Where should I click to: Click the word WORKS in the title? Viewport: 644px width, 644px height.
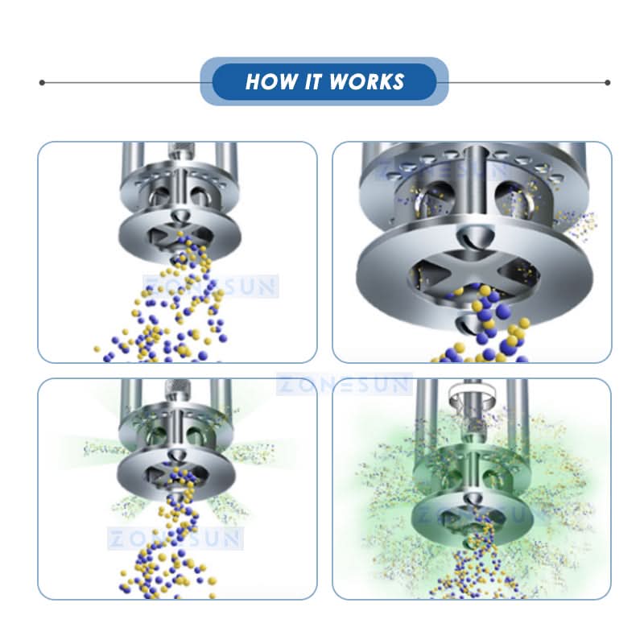[367, 81]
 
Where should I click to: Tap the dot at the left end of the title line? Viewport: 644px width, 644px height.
[42, 83]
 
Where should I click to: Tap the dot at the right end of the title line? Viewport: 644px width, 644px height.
[608, 83]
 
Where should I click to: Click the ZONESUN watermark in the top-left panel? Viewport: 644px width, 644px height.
[211, 287]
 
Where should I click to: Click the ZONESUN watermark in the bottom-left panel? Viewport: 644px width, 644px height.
[175, 538]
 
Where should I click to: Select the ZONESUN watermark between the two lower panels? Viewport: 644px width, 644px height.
[345, 384]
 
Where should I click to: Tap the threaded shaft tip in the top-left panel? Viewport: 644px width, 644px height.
[181, 151]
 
